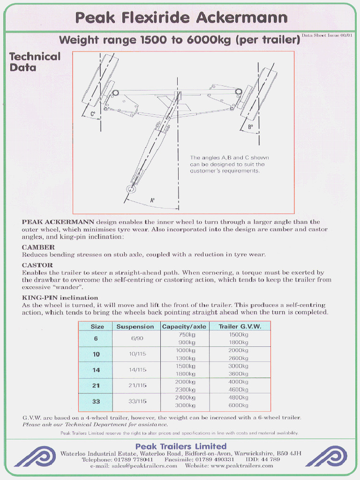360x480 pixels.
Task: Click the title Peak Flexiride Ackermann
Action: coord(181,18)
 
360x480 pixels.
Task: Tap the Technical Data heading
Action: coord(35,62)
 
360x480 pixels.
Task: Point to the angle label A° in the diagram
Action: coord(152,200)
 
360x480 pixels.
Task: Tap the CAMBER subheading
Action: coord(38,247)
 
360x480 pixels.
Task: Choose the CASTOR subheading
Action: coord(37,265)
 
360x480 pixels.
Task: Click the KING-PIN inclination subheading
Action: coord(60,298)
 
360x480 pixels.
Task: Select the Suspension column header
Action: coord(135,327)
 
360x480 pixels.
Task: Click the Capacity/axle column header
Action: coord(184,327)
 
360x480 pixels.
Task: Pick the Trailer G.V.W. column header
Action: coord(240,327)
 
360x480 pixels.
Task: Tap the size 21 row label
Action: coord(96,385)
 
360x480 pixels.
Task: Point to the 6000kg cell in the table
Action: coord(239,405)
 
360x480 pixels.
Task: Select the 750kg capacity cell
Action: coord(187,335)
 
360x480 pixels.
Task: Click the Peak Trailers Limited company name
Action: coord(181,446)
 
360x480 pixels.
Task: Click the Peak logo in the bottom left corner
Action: coord(34,457)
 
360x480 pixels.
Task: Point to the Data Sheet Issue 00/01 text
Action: coord(327,35)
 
